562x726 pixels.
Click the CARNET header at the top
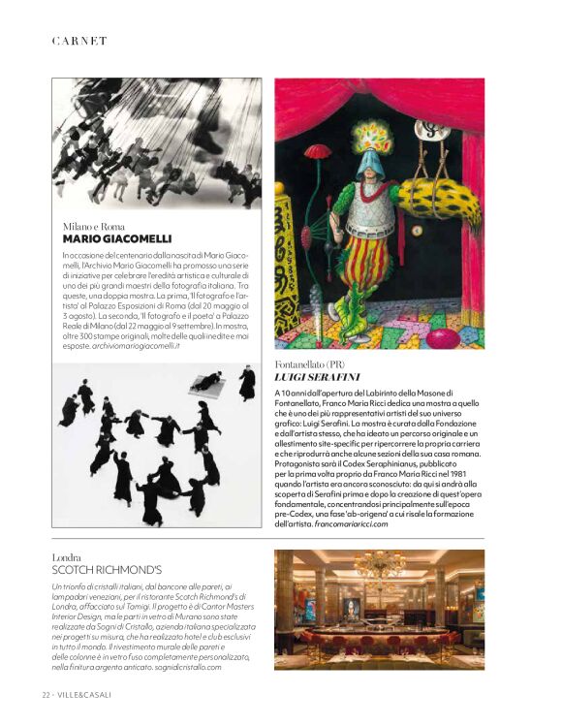(x=79, y=41)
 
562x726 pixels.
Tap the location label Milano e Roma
(x=94, y=226)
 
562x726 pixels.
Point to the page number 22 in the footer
(x=46, y=695)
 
